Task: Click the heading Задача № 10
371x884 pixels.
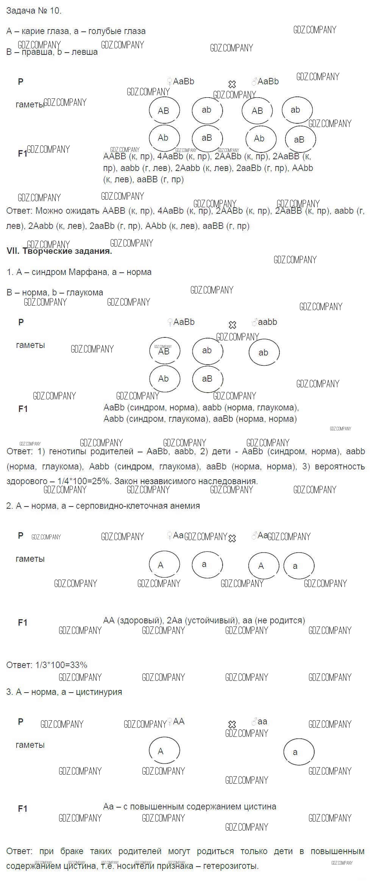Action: coord(34,11)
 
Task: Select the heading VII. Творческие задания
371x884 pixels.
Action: coord(59,251)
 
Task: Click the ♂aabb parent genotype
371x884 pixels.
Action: coord(265,322)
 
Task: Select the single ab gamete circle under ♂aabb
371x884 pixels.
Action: coord(264,352)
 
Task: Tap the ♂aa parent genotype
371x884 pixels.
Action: coord(260,721)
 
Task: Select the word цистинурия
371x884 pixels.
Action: coord(99,692)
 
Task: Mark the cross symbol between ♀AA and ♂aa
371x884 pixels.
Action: coord(232,724)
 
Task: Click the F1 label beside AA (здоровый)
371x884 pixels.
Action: coord(23,623)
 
